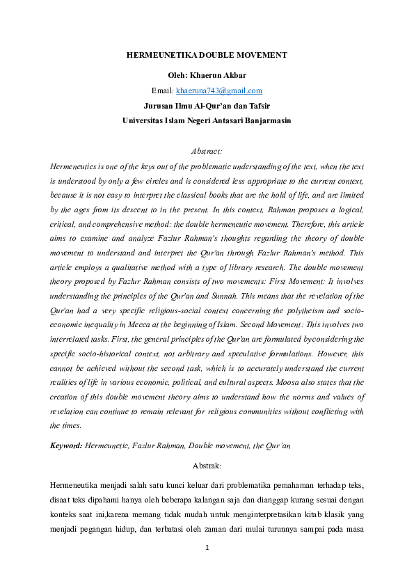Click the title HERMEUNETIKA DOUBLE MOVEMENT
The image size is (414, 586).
point(206,55)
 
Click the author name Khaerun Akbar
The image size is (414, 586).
point(223,75)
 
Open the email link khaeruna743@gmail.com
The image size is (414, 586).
point(219,90)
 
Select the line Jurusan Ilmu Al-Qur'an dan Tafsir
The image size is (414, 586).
point(206,106)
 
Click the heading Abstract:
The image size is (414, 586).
point(206,150)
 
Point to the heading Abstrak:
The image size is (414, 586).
point(206,464)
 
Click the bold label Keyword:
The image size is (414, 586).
point(66,443)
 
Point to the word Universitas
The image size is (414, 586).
point(145,120)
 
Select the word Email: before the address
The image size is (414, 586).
point(163,90)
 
